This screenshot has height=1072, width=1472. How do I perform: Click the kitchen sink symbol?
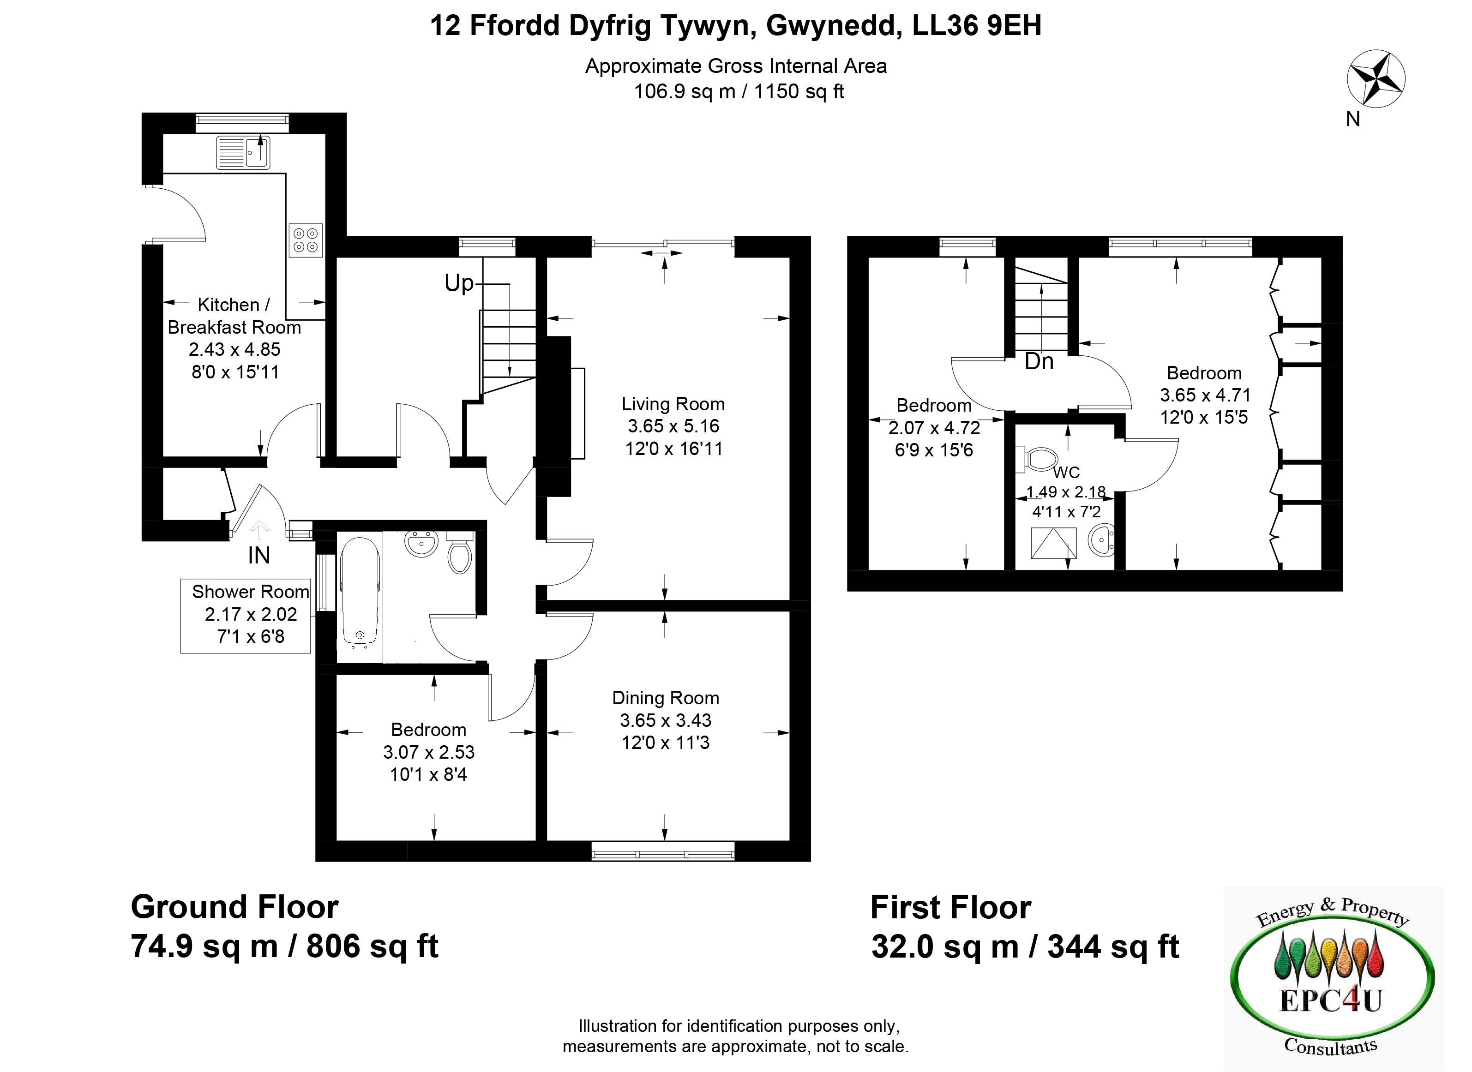[x=243, y=152]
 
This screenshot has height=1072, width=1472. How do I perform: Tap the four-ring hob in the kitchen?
[x=306, y=240]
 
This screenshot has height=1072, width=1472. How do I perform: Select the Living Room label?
[x=673, y=404]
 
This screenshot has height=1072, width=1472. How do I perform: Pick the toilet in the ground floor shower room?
[x=460, y=552]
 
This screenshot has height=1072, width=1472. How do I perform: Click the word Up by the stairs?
[x=459, y=283]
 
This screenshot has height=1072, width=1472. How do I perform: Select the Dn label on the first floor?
[x=1039, y=361]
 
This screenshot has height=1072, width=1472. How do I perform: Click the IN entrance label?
[x=259, y=556]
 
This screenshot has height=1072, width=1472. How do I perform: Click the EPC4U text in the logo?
[x=1330, y=1000]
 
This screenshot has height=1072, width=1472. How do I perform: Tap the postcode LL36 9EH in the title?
[x=977, y=26]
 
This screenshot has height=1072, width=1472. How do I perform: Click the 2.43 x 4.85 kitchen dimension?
[x=235, y=349]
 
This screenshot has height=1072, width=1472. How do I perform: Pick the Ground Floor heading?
[x=235, y=906]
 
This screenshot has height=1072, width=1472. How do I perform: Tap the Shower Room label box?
[x=246, y=616]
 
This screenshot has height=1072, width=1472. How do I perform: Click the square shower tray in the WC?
[x=1053, y=543]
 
